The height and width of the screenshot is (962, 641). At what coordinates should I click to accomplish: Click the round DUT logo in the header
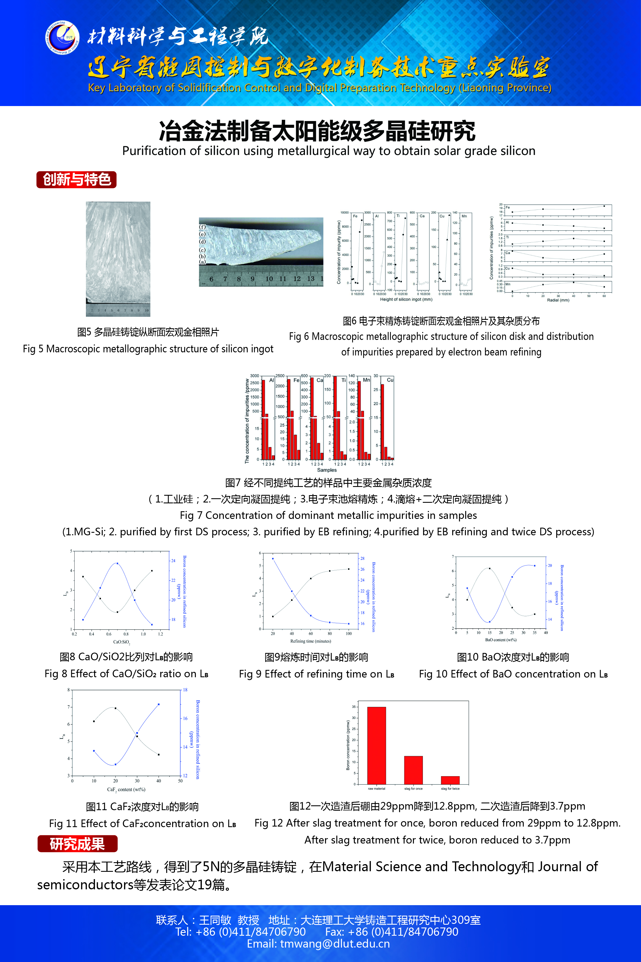62,38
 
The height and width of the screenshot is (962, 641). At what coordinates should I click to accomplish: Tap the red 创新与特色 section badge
76,180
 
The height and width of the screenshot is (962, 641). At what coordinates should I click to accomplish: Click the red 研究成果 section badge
77,844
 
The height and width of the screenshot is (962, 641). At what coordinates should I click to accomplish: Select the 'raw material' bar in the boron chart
376,745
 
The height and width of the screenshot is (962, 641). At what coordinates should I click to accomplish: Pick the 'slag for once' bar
413,770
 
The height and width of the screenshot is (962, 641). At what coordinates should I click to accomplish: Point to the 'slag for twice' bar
450,780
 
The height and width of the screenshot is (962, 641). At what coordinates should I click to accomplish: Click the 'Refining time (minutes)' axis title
311,641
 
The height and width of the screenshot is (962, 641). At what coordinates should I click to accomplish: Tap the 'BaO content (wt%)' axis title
501,640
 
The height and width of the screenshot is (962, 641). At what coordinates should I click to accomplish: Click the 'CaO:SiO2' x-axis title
122,642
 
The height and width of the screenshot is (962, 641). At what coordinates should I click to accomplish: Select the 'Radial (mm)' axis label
558,300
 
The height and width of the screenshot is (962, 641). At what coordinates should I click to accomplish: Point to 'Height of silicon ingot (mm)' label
406,299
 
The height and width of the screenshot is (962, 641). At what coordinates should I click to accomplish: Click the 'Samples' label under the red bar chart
327,470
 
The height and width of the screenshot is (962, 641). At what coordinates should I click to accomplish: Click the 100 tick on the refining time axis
349,634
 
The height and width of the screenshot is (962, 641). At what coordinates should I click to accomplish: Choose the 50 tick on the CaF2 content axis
180,781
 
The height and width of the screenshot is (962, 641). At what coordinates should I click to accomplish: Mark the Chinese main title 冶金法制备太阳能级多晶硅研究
317,131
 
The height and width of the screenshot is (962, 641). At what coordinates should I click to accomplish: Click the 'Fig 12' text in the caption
268,823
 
